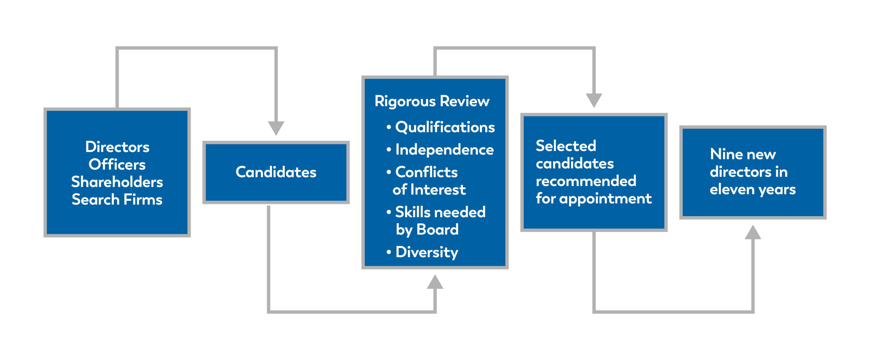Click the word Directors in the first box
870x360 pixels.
117,147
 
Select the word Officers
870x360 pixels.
117,164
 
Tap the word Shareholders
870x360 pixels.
117,182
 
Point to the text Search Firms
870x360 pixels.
117,200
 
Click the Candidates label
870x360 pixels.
276,172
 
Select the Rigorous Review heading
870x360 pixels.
432,101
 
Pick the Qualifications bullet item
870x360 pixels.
444,127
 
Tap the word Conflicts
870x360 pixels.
426,172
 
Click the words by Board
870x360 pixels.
427,230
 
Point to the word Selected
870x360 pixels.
566,146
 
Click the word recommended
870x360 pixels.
586,181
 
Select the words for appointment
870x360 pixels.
594,199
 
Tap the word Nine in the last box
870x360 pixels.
723,154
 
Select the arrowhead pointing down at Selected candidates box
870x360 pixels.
594,100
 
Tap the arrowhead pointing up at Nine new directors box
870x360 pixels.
753,232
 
